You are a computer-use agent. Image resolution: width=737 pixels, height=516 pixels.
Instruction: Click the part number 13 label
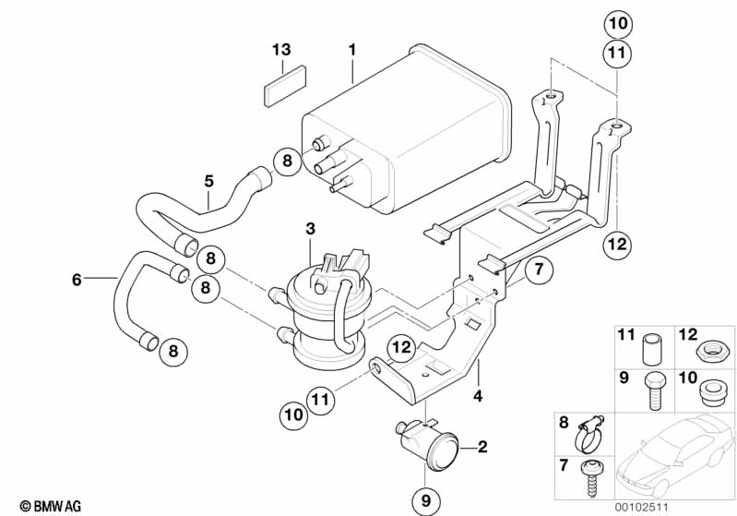pyautogui.click(x=281, y=50)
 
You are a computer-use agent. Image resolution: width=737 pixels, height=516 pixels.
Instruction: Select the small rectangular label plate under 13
pyautogui.click(x=285, y=86)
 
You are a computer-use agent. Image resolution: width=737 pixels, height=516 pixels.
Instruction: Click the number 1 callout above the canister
pyautogui.click(x=352, y=50)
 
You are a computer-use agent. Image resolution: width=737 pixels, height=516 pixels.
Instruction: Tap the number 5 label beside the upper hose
pyautogui.click(x=208, y=181)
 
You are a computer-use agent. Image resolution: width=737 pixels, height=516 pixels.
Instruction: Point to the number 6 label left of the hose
pyautogui.click(x=77, y=280)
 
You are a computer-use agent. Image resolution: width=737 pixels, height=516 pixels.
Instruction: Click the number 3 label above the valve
pyautogui.click(x=310, y=229)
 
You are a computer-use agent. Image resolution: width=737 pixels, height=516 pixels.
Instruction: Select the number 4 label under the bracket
pyautogui.click(x=478, y=396)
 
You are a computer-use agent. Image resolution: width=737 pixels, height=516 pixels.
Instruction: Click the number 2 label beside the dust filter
pyautogui.click(x=482, y=447)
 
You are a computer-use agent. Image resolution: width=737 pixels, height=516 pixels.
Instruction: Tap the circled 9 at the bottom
pyautogui.click(x=426, y=501)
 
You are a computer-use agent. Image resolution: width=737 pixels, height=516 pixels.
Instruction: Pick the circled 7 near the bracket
pyautogui.click(x=539, y=270)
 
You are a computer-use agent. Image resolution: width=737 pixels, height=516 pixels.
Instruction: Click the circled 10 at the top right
pyautogui.click(x=618, y=23)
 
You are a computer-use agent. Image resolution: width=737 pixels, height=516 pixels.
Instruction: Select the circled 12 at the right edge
pyautogui.click(x=618, y=244)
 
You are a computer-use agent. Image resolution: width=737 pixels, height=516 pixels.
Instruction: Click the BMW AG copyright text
pyautogui.click(x=51, y=506)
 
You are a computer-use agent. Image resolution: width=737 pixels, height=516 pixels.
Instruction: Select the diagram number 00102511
pyautogui.click(x=641, y=507)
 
